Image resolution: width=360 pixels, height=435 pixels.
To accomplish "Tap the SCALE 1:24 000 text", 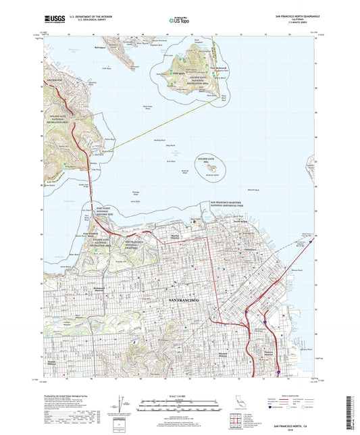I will (x=180, y=396).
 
